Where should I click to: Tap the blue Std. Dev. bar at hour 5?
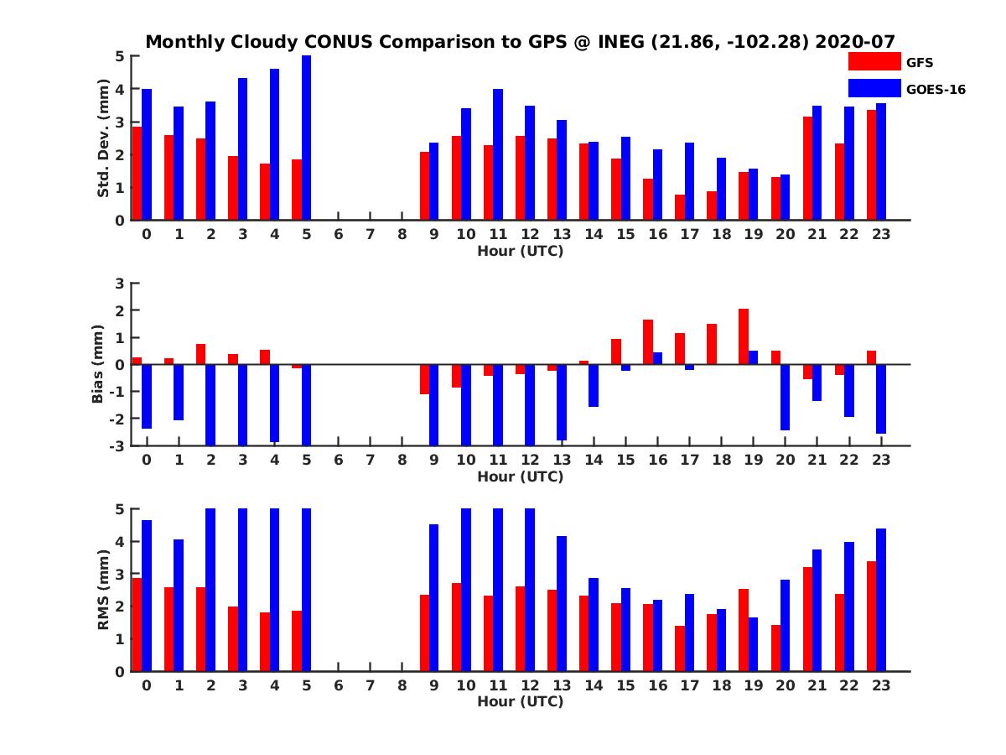[307, 138]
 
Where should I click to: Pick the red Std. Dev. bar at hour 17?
[680, 207]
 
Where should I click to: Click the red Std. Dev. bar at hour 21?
[807, 168]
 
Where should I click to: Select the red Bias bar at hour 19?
[744, 336]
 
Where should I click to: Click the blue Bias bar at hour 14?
[594, 385]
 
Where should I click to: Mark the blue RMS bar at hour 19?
[753, 644]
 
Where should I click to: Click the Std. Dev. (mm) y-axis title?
[104, 138]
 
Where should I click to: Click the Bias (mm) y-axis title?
[97, 364]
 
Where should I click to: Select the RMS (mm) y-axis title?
[104, 590]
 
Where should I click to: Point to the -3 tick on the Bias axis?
[118, 445]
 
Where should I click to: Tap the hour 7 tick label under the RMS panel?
[371, 685]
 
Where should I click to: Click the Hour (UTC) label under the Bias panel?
[520, 476]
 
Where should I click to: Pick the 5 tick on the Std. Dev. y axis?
[121, 56]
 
